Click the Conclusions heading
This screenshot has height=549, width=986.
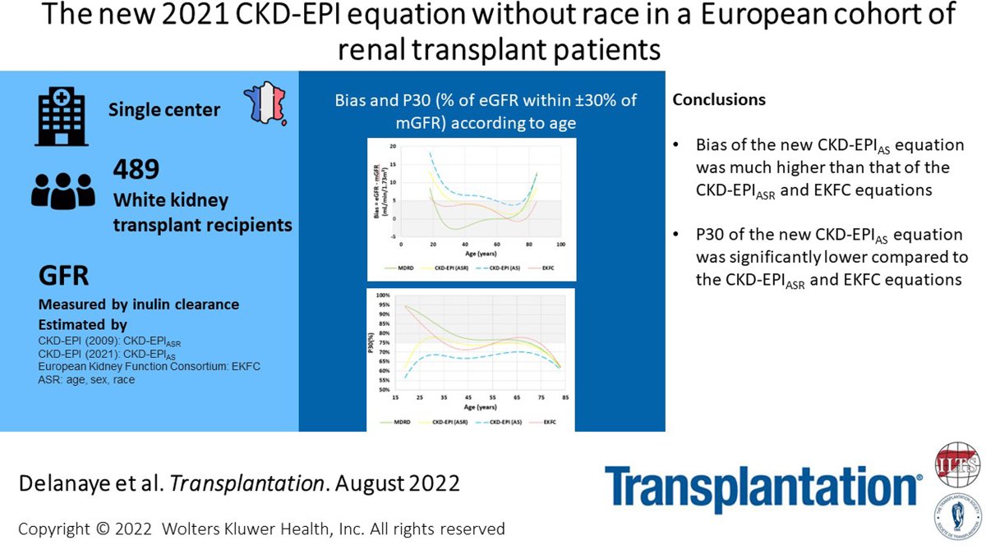click(719, 100)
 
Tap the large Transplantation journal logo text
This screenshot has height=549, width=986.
click(763, 490)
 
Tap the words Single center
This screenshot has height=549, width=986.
click(164, 109)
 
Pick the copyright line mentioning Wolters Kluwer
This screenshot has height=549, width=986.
click(261, 528)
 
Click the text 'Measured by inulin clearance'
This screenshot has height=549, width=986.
click(139, 304)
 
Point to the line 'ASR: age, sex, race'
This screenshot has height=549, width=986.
click(86, 380)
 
